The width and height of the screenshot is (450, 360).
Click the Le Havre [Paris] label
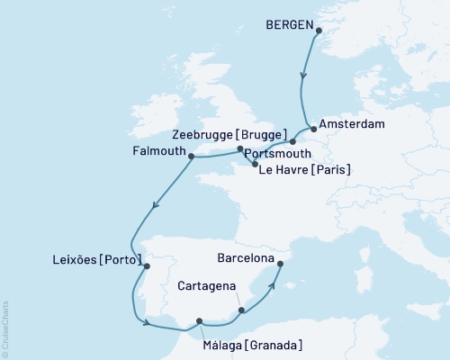pos(304,168)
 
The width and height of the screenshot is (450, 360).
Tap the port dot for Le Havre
pos(256,165)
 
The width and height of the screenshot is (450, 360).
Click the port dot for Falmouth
pos(191,156)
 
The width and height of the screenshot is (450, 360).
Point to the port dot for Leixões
pos(148,265)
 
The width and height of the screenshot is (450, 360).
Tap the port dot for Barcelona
pos(280,264)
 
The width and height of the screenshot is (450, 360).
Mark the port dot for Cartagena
pos(241,311)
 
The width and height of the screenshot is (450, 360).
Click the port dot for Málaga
pos(200,319)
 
